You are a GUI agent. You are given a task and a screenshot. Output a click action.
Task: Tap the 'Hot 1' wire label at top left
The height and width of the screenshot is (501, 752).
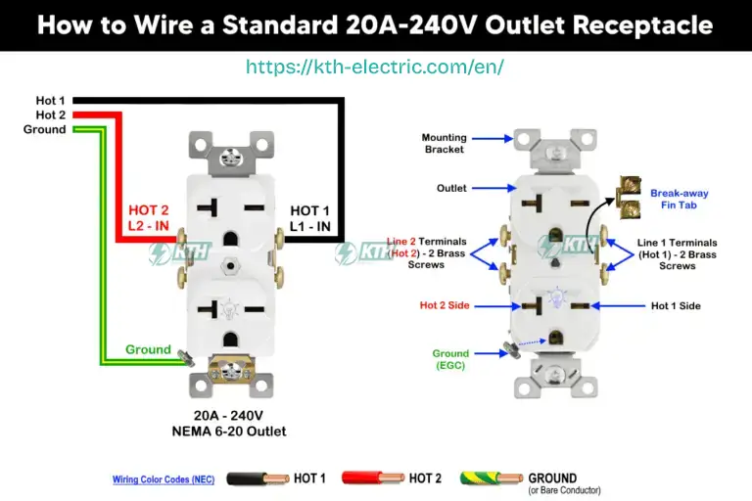(x=50, y=101)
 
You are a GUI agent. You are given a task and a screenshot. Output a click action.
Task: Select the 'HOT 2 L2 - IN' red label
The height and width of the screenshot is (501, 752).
(x=149, y=218)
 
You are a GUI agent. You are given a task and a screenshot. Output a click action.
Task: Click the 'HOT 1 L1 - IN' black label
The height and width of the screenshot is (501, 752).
(x=309, y=218)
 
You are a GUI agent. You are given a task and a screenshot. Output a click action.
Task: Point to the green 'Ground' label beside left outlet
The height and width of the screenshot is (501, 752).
(x=148, y=349)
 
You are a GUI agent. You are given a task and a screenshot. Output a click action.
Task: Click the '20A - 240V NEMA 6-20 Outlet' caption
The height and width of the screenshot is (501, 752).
(x=239, y=423)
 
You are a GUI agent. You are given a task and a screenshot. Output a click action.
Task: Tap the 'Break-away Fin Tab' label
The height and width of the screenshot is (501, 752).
(x=679, y=200)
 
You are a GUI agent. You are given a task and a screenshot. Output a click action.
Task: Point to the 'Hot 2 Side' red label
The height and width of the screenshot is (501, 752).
(x=445, y=305)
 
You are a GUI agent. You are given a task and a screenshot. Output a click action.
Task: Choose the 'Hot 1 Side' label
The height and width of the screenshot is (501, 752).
(x=676, y=305)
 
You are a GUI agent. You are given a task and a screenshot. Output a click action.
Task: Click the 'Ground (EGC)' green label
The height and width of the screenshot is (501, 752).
(x=450, y=360)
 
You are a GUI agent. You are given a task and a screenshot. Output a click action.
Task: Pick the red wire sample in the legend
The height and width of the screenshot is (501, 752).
(x=372, y=478)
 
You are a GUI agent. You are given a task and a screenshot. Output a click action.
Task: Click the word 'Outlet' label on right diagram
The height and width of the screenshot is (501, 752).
(x=451, y=188)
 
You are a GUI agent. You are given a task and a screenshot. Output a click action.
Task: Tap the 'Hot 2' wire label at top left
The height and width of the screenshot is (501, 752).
(x=50, y=114)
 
